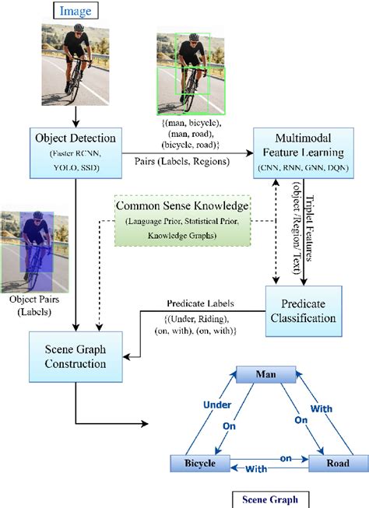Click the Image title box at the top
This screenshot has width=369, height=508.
tap(76, 10)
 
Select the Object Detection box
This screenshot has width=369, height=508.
tap(76, 153)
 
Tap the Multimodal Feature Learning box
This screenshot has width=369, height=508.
tap(303, 153)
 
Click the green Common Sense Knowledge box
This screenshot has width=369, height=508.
tap(183, 221)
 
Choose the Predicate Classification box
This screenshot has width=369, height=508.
tap(304, 311)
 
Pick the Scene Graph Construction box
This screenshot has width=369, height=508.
tap(76, 357)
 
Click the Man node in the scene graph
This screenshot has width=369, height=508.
tap(266, 374)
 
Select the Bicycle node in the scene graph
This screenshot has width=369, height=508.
tap(200, 464)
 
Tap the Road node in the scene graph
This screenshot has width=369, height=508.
tap(338, 464)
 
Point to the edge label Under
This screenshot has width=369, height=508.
tap(217, 405)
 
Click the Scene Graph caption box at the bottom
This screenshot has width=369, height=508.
tap(270, 499)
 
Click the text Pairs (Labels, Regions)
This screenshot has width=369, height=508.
tap(182, 161)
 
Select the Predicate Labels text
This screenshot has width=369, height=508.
tap(200, 303)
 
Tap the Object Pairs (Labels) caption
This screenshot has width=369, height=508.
tap(34, 305)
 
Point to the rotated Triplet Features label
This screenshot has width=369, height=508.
tap(309, 228)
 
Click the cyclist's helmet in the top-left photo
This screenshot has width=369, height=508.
tap(79, 27)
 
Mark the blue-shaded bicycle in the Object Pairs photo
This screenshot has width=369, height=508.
tap(37, 266)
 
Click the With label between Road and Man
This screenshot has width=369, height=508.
tap(322, 409)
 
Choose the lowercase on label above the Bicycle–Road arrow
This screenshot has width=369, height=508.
tap(286, 458)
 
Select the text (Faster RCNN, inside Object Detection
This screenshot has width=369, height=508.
tap(76, 153)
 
